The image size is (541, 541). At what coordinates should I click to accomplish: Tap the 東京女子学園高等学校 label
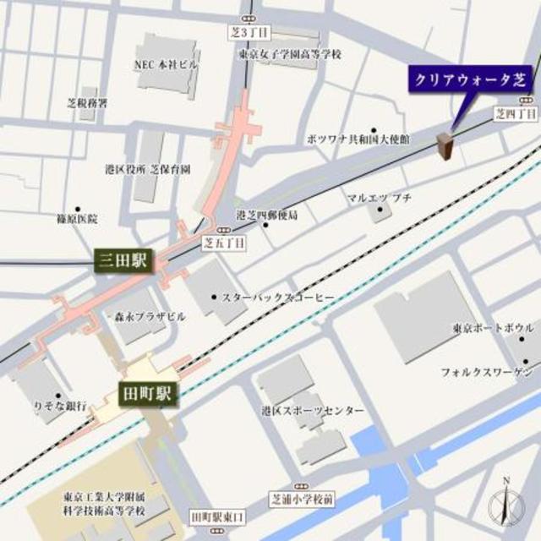coord(289,55)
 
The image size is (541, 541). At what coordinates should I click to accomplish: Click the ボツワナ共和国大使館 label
coord(358,138)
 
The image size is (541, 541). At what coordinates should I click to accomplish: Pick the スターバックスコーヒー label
coord(278,298)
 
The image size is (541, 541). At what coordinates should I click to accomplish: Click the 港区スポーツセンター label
coord(313,411)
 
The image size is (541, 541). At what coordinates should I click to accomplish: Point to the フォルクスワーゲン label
coord(485,372)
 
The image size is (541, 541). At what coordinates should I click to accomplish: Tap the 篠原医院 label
coord(77,219)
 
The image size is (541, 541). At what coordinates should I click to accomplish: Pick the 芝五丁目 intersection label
coord(225,242)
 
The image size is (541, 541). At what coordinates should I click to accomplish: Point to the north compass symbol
coord(505,505)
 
